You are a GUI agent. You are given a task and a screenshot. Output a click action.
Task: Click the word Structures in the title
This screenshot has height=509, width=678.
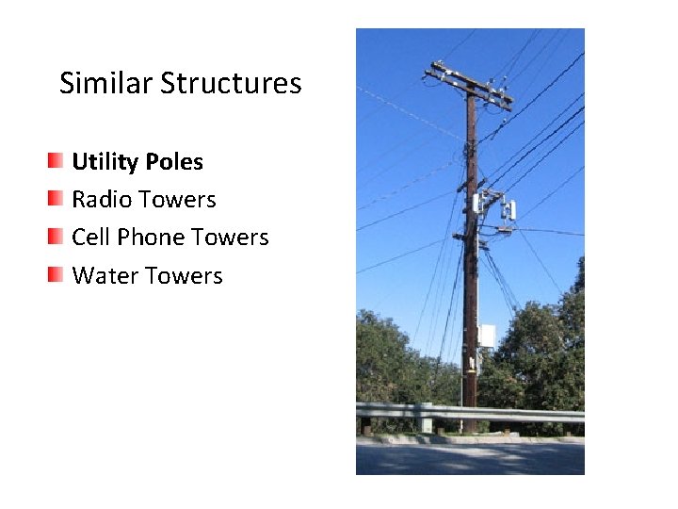231,84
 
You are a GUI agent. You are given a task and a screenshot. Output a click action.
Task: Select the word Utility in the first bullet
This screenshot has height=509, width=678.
105,162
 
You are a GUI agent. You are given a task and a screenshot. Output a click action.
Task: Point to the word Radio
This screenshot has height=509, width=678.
102,200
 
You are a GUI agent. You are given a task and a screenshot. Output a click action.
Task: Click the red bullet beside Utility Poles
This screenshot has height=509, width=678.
57,161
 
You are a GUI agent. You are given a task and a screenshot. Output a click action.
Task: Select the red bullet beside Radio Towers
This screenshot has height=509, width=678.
57,199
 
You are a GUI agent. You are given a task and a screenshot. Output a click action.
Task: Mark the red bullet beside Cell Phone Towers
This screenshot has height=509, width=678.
57,237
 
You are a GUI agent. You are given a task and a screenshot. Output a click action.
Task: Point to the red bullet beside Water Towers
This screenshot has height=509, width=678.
57,275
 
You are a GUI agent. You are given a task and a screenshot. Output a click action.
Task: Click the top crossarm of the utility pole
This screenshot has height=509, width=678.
468,84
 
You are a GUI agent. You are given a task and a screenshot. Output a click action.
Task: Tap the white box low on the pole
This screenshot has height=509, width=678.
487,336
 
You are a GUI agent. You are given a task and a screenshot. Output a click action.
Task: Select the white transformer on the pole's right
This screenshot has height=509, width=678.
509,209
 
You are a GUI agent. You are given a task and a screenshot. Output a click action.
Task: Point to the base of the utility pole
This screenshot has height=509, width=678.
469,426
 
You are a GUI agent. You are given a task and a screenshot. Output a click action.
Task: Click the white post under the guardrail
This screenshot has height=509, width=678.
427,425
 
